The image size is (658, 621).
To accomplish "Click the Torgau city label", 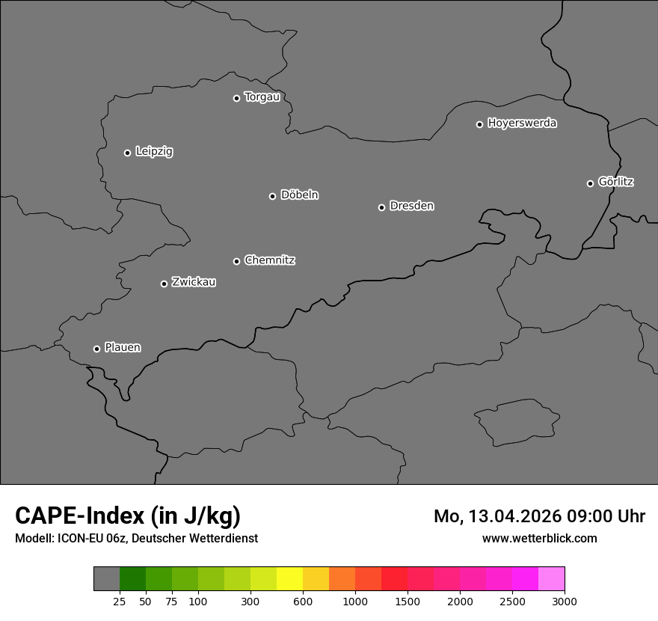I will [x=262, y=97].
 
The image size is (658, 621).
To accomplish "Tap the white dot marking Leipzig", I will [x=127, y=153].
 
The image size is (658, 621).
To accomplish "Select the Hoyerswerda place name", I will [x=522, y=123].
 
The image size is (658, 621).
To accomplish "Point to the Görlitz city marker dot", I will [x=590, y=183].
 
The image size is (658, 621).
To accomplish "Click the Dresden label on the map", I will [x=411, y=206].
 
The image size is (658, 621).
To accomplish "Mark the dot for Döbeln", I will [x=272, y=196].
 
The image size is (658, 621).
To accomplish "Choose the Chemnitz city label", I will [x=269, y=260].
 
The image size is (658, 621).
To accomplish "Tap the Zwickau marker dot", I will [x=164, y=284].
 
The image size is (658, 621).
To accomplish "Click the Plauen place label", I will [x=123, y=347].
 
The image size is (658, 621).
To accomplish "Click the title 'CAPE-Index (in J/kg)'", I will [x=128, y=516].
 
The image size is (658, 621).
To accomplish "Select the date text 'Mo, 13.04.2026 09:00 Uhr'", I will [x=539, y=516].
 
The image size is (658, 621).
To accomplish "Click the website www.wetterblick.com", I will [x=539, y=538].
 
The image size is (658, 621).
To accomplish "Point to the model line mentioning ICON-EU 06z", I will [x=136, y=538].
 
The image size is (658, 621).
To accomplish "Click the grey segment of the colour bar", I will [x=106, y=579].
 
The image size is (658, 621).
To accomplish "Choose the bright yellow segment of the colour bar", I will [x=289, y=579].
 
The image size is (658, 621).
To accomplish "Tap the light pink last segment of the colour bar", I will [x=551, y=579].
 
